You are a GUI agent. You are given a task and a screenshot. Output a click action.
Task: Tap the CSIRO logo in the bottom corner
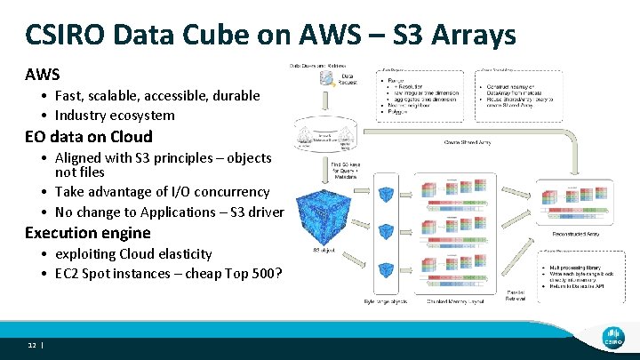(611, 332)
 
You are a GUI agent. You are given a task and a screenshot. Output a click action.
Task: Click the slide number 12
(31, 344)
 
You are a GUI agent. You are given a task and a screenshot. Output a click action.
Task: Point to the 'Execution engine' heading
(88, 233)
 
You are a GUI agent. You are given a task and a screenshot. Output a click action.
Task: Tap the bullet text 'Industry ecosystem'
(115, 115)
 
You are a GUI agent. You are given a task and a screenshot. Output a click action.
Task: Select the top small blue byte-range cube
(388, 194)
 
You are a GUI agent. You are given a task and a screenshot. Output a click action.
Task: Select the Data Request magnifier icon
(326, 78)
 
